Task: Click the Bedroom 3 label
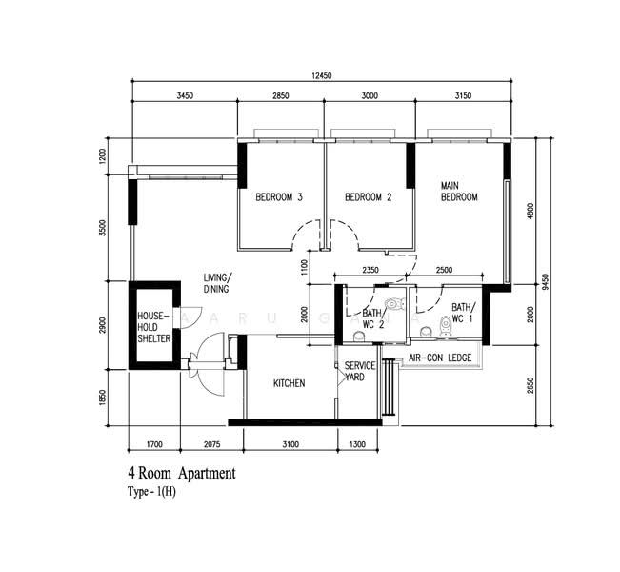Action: (279, 196)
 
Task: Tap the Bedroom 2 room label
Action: (369, 196)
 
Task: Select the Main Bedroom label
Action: (459, 192)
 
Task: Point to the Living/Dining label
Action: (217, 283)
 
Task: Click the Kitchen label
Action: (289, 383)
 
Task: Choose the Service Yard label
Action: (359, 371)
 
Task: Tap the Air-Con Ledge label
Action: (440, 357)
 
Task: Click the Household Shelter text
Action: (154, 327)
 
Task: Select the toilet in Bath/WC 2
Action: (395, 304)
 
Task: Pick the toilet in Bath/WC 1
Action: (446, 326)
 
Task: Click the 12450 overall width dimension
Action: (322, 75)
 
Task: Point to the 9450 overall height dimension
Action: (546, 281)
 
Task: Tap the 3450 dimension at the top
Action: (185, 95)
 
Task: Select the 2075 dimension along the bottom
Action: (212, 444)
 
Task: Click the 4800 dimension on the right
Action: (530, 211)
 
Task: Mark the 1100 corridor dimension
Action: (304, 267)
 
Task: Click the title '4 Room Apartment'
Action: (182, 473)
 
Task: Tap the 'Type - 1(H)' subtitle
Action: (151, 492)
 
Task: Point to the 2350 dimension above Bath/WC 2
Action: (370, 270)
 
